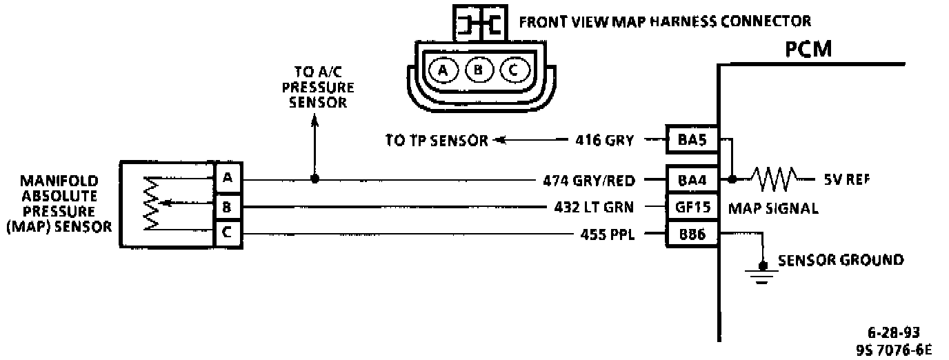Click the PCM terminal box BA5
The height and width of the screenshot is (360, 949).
[692, 141]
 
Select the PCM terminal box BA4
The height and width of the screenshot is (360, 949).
[692, 180]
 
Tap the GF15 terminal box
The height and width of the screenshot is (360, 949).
[692, 206]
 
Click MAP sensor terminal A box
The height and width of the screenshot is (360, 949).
[227, 179]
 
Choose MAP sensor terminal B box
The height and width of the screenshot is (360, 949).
[227, 206]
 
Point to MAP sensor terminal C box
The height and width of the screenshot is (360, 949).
[227, 233]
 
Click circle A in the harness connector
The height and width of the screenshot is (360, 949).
[443, 70]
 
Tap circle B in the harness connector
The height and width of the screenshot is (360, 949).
[478, 70]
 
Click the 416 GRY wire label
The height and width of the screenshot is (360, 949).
[604, 141]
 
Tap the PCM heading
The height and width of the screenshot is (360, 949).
[808, 50]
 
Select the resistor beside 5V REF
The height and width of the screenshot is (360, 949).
[774, 179]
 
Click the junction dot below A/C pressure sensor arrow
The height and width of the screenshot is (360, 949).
[314, 179]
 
